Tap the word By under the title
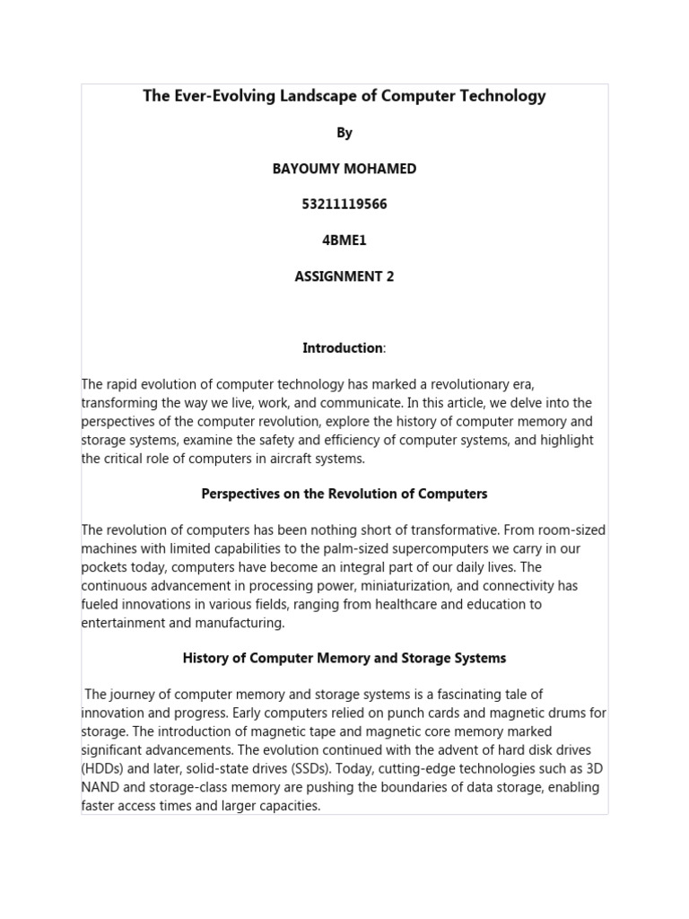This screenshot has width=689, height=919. click(344, 133)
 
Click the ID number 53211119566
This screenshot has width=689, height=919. click(344, 205)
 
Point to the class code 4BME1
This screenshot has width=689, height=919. click(344, 241)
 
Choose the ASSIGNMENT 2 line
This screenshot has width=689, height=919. click(344, 276)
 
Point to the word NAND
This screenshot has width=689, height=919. click(101, 787)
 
